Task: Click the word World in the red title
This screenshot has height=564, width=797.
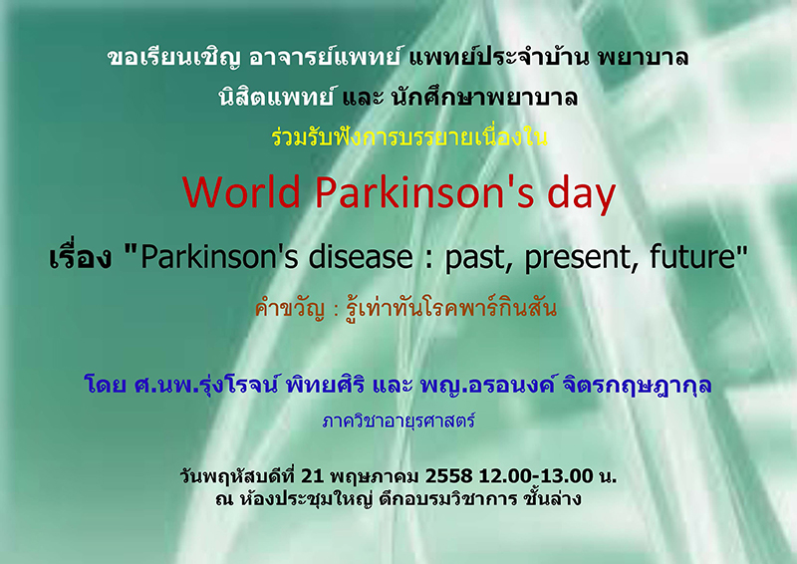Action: (x=242, y=192)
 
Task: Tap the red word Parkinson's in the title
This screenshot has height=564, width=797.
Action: (x=425, y=192)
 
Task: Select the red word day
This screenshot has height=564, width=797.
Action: (x=582, y=196)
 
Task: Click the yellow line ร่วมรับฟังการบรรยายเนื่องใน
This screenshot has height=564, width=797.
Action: (x=409, y=138)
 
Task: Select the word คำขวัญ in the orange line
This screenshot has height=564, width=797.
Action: (x=290, y=309)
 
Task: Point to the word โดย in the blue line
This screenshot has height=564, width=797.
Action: (x=106, y=385)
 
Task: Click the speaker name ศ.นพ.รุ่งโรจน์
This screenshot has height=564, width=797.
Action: (x=206, y=385)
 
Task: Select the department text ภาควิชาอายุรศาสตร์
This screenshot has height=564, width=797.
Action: (x=399, y=422)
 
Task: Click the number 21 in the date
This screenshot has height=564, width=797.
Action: (x=312, y=476)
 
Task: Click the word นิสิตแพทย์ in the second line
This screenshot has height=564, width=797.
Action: (x=277, y=96)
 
